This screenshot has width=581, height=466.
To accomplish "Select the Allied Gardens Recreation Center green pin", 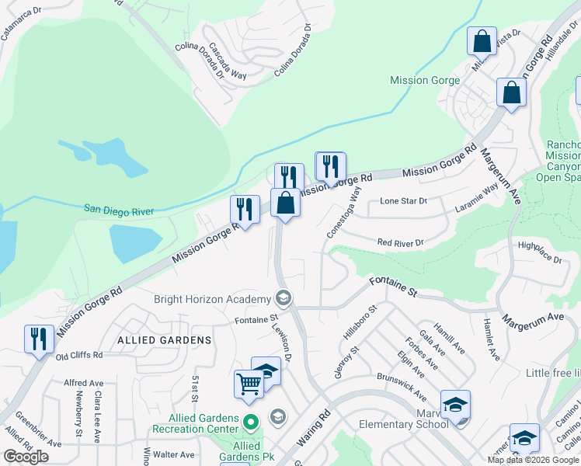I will pos(250,423).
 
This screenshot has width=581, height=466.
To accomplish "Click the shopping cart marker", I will pos(249,383).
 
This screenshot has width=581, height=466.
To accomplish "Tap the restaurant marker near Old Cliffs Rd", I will pos(39,339).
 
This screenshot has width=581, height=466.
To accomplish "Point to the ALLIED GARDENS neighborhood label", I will pos(164,340).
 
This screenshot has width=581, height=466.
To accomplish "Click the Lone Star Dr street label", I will pos(403,201).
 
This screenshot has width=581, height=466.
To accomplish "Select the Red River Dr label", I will pos(401,243).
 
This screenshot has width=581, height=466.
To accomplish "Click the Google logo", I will pos(26,457).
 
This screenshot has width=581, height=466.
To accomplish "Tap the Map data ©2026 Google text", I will pos(532,460).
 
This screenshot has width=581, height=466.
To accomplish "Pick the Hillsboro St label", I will pos(360,322).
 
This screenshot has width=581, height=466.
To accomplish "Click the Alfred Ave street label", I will pos(84,383).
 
